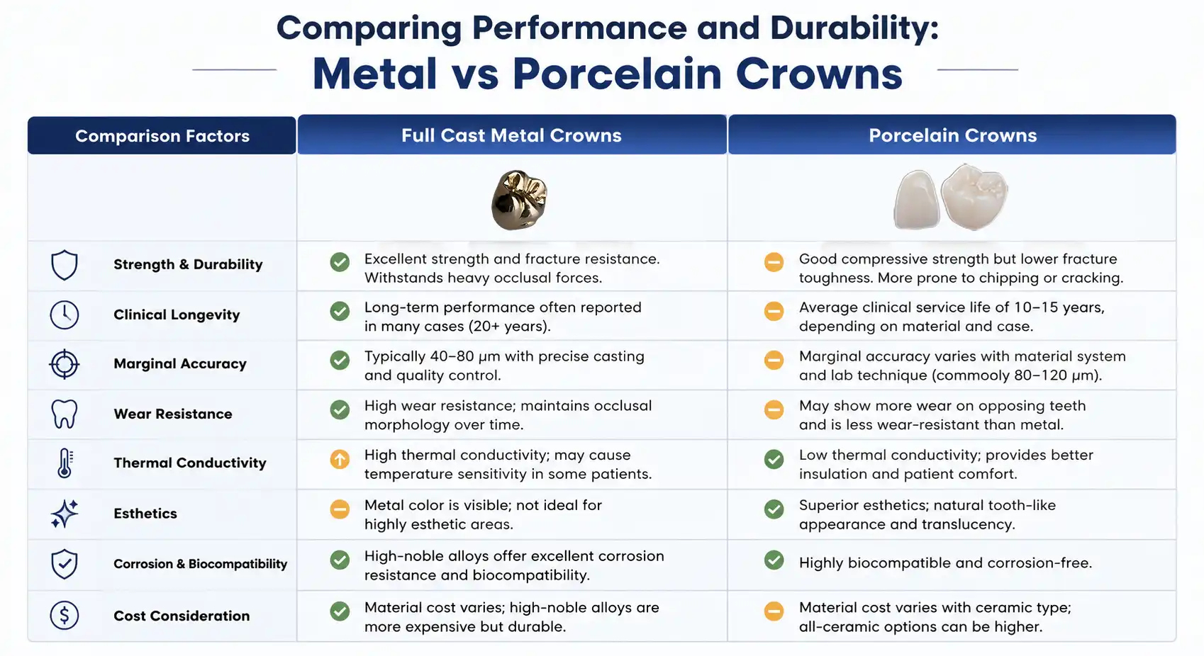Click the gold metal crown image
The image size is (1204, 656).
point(519,200)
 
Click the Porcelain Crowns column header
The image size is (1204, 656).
point(952,135)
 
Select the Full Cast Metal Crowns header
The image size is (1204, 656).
point(511,135)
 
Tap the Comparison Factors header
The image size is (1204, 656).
point(162,136)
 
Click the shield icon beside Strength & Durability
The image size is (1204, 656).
point(65,265)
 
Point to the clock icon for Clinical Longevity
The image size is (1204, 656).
point(65,315)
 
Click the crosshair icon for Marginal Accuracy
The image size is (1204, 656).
point(65,364)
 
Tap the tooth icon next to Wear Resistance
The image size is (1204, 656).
point(65,414)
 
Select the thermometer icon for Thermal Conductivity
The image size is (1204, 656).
point(65,463)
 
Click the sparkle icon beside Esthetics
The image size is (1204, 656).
point(65,513)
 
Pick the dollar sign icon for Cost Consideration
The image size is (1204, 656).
point(65,615)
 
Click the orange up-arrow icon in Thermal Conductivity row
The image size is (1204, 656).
point(340,460)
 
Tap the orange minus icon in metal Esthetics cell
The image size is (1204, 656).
point(340,509)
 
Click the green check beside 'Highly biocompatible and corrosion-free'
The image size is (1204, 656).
point(774,560)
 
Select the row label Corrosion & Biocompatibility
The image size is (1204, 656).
point(201,564)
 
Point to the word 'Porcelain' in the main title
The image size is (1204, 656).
point(617,74)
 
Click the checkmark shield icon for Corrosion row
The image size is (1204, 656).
point(65,564)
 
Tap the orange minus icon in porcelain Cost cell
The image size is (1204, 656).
point(774,611)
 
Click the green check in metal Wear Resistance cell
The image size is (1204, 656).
point(340,409)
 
